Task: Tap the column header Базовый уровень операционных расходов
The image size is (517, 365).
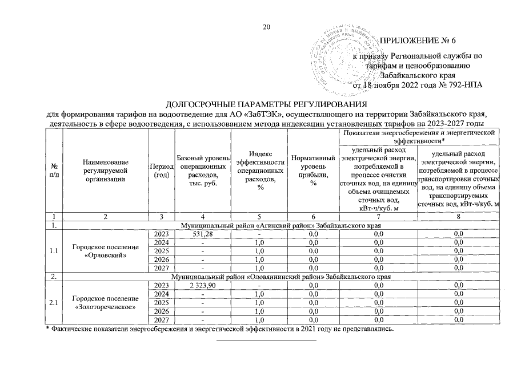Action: (x=203, y=169)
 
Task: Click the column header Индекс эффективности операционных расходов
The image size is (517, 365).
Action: (x=260, y=169)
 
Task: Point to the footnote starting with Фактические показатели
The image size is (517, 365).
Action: (x=220, y=330)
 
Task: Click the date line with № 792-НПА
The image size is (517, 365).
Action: (x=418, y=86)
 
